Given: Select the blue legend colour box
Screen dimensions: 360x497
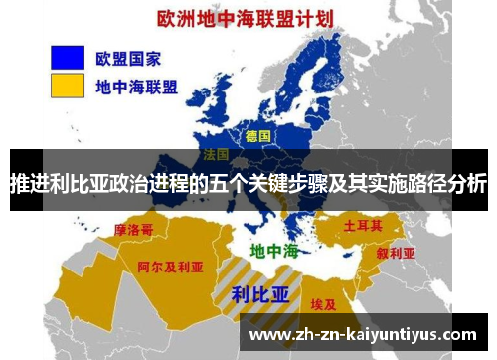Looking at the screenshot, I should click(x=61, y=57).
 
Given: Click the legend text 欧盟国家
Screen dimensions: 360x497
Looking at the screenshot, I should click(x=127, y=57).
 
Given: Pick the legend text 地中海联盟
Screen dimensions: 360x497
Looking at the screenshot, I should click(x=137, y=88).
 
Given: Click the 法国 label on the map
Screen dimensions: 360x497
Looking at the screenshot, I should click(x=216, y=156).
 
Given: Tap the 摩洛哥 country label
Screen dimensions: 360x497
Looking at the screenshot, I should click(x=134, y=229).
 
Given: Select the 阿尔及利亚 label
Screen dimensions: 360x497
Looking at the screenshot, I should click(x=170, y=267).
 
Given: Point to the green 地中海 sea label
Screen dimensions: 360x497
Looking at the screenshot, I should click(x=273, y=250).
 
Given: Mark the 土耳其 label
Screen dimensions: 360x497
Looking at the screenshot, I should click(x=364, y=226).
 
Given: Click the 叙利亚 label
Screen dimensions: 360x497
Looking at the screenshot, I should click(x=395, y=252).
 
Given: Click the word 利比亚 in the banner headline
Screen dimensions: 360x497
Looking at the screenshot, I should click(x=83, y=185).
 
